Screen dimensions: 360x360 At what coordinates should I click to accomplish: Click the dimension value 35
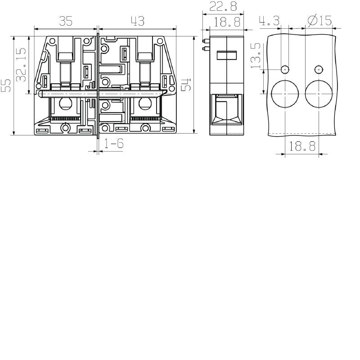coord(66,21)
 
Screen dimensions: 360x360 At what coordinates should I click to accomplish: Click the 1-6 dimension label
coord(114,144)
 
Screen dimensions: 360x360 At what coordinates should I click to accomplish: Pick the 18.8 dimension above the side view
coord(227,21)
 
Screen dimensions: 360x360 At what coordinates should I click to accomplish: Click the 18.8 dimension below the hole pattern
coord(302,146)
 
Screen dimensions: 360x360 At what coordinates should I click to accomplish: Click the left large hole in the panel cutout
coord(285,94)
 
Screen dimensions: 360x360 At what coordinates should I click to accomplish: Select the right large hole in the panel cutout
coord(319,94)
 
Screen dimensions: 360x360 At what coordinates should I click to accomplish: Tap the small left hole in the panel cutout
coord(285,69)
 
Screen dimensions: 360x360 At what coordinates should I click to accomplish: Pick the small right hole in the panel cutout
coord(319,69)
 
